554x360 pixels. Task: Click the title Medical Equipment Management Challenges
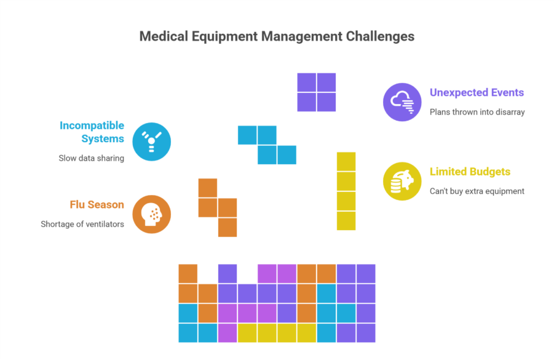tap(277, 36)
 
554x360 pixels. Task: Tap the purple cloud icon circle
tap(402, 102)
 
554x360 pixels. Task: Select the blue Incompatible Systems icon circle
tap(152, 142)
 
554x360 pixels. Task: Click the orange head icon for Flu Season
tap(152, 214)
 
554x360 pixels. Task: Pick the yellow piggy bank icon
tap(402, 182)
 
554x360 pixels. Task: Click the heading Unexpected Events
tap(477, 93)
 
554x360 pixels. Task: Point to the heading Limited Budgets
tap(470, 172)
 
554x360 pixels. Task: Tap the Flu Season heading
tap(97, 205)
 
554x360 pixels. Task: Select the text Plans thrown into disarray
tap(477, 112)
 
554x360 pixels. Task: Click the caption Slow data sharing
tap(91, 158)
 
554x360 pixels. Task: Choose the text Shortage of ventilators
tap(82, 224)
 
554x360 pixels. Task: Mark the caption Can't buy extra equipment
tap(477, 191)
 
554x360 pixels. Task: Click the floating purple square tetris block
tap(316, 92)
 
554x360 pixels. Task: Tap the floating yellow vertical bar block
tap(346, 191)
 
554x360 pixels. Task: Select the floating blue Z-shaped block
tap(267, 145)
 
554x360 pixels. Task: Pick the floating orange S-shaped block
tap(217, 207)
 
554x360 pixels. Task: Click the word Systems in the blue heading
tap(103, 139)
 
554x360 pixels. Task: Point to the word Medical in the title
tap(164, 36)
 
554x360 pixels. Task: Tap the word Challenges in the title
tap(380, 36)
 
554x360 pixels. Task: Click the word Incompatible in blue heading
tap(92, 126)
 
